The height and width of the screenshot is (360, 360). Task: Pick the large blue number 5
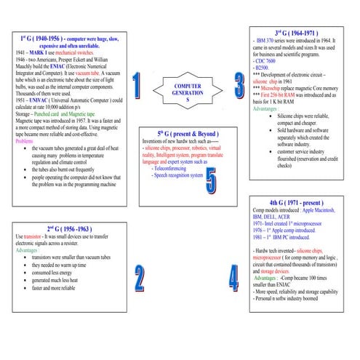click(x=210, y=183)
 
